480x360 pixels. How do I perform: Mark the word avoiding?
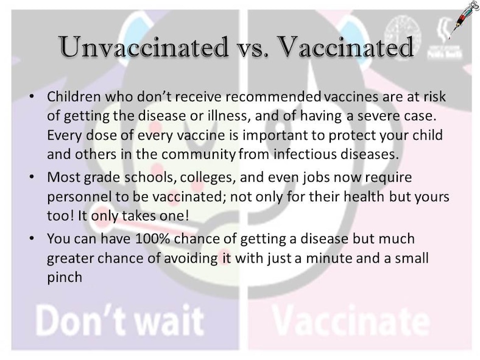click(x=184, y=258)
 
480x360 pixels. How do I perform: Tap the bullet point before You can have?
click(x=32, y=239)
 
